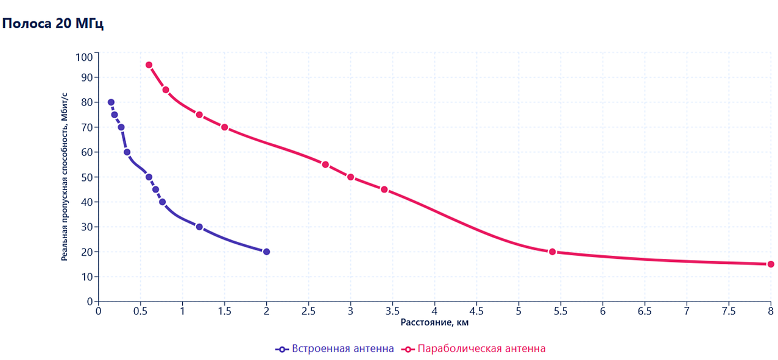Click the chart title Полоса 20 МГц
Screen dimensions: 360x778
(x=53, y=24)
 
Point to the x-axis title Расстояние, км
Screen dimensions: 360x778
(x=434, y=322)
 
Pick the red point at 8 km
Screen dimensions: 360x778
(x=771, y=264)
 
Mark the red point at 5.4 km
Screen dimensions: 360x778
(x=552, y=252)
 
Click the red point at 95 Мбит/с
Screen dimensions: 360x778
(x=149, y=65)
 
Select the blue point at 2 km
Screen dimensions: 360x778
(x=266, y=252)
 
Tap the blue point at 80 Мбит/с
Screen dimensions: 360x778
(x=111, y=102)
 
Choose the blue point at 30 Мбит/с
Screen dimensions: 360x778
(x=199, y=227)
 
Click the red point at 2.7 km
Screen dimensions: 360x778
(x=325, y=164)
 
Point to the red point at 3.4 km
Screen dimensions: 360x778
(x=384, y=189)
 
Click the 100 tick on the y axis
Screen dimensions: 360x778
(x=84, y=57)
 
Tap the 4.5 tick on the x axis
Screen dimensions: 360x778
(x=476, y=311)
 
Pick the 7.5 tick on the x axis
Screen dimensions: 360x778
(x=729, y=311)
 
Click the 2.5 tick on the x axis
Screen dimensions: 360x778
(x=308, y=311)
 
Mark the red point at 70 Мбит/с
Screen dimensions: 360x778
(x=224, y=127)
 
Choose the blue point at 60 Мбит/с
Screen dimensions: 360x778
(x=127, y=152)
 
